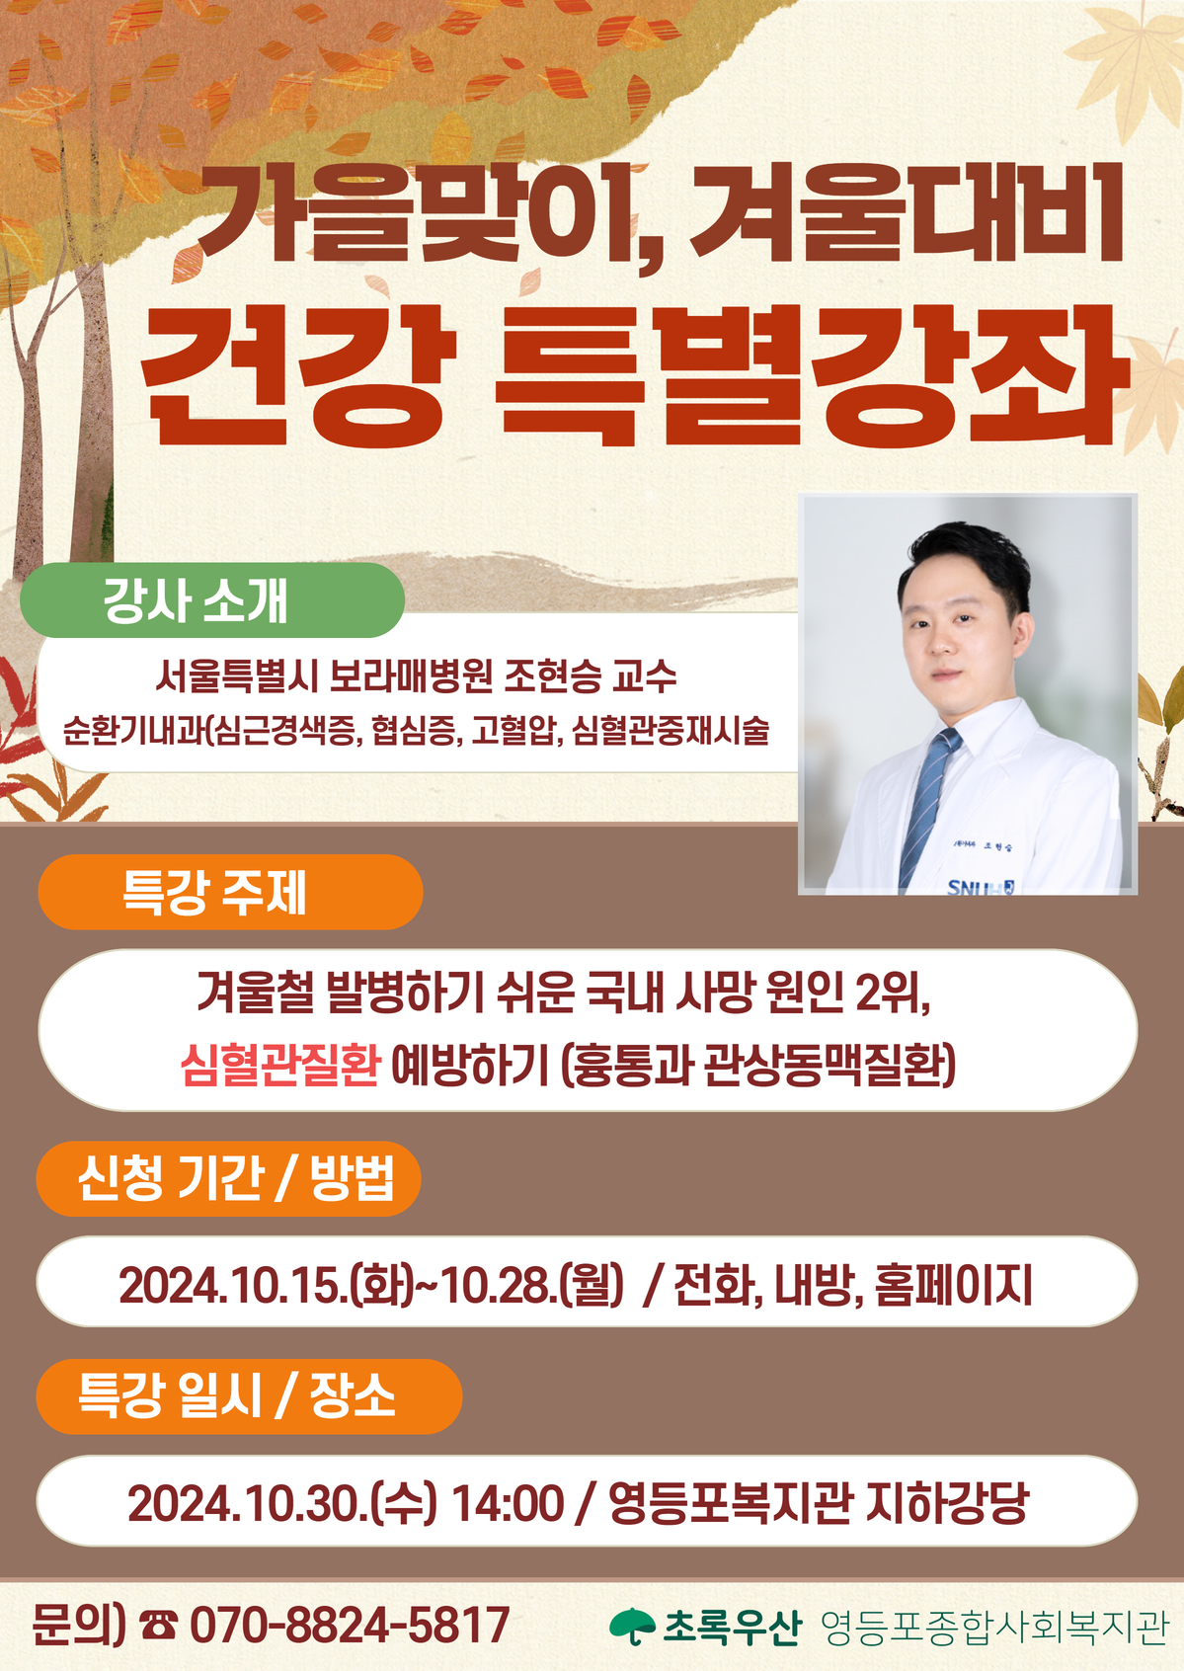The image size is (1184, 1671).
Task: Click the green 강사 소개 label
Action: tap(212, 600)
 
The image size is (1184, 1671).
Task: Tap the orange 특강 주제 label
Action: tap(230, 892)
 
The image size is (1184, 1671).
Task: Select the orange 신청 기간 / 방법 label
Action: tap(229, 1178)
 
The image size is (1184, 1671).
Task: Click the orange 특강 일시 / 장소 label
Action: tap(249, 1396)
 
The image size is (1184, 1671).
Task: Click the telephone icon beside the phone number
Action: tap(158, 1625)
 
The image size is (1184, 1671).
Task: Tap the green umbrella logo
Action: tap(632, 1627)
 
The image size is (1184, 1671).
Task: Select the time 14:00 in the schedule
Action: tap(509, 1502)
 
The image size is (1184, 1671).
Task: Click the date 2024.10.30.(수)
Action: tap(282, 1502)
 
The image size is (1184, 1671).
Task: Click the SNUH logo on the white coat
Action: tap(981, 886)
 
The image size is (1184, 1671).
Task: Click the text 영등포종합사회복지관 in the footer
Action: tap(994, 1627)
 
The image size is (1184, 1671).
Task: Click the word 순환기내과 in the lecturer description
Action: tap(133, 731)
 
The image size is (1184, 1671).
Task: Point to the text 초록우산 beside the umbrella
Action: tap(732, 1627)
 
